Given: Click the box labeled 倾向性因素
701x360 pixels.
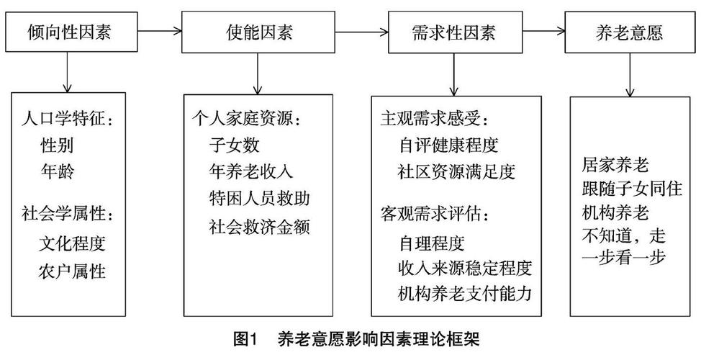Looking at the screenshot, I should [68, 32].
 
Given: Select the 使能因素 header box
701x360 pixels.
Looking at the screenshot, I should [258, 32].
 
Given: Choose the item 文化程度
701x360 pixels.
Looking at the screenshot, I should [72, 243].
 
